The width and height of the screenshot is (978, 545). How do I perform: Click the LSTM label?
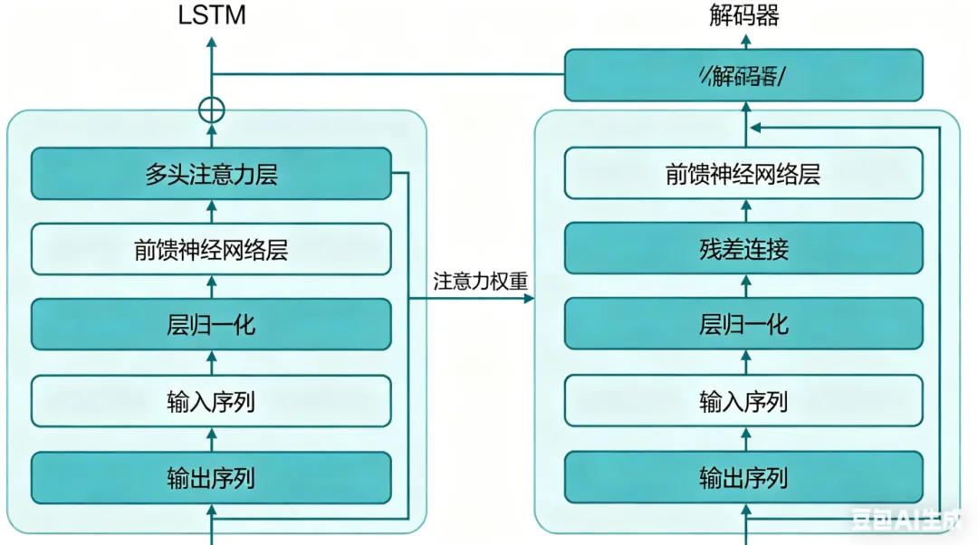point(211,15)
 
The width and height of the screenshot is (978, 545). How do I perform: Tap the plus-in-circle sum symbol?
point(211,110)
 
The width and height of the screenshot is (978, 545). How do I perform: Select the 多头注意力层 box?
point(211,174)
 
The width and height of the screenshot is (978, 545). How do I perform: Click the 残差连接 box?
point(743,248)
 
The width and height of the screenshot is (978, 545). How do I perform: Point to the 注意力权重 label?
point(480,281)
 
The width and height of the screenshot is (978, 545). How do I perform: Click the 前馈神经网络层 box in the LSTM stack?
point(211,249)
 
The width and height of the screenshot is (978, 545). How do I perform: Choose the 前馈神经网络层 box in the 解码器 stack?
point(743,174)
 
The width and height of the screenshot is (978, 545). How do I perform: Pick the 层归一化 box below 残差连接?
point(743,324)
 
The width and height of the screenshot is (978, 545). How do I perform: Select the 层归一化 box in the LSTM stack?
point(211,324)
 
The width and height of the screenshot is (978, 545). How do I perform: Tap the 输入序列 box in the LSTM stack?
point(211,400)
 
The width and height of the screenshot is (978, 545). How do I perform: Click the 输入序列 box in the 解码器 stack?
point(743,400)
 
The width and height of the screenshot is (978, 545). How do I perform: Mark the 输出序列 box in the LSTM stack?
point(211,477)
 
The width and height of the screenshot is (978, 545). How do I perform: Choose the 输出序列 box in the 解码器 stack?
point(743,477)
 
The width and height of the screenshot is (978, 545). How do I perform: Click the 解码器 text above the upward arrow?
point(744,15)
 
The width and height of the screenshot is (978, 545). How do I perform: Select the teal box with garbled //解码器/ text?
point(743,76)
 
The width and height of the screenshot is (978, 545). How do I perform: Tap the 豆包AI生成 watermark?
point(909,521)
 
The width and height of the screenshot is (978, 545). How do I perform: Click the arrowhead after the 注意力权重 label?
point(530,297)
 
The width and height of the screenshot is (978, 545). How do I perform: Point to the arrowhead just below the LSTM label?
point(211,42)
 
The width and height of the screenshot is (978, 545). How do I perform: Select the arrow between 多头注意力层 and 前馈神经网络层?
point(213,211)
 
